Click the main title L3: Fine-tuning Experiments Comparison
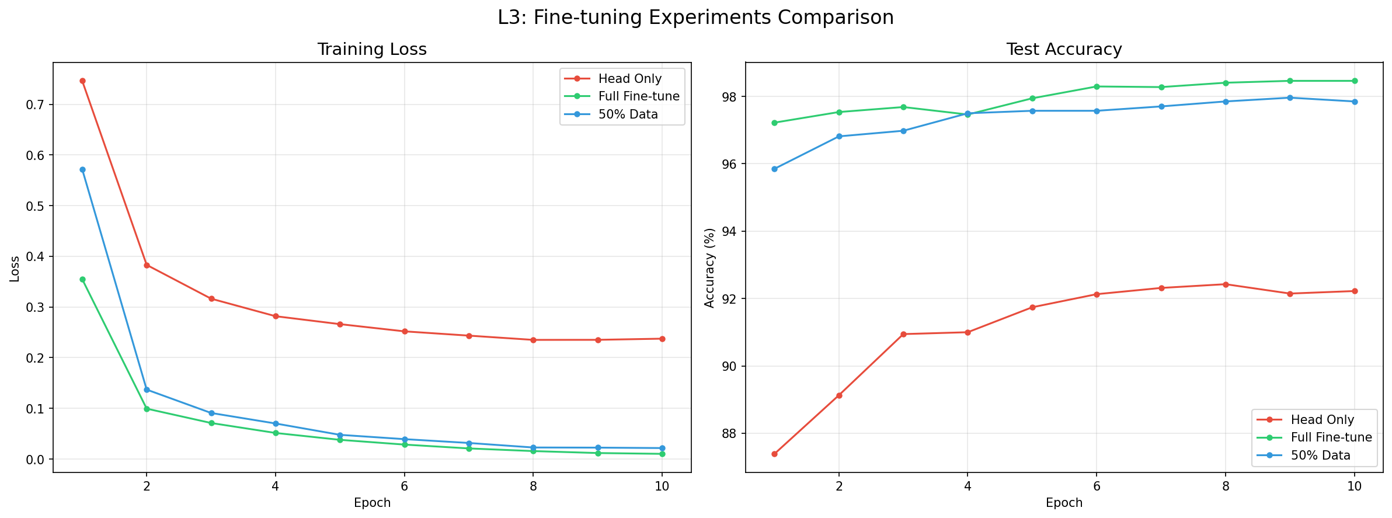coord(695,18)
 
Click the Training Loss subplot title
coord(372,50)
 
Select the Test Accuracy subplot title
coord(1064,50)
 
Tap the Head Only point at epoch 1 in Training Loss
coord(82,81)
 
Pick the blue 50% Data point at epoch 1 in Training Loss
coord(82,170)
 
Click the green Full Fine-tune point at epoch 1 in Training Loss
coord(82,280)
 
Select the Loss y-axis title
coord(15,269)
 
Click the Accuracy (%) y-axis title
coord(709,267)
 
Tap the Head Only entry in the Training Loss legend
coord(629,79)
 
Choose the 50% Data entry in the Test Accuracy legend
coord(1320,456)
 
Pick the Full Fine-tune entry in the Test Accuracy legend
coord(1331,437)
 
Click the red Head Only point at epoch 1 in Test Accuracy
coord(774,454)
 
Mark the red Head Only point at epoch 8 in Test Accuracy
coord(1226,284)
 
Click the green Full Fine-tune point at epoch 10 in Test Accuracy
coord(1355,81)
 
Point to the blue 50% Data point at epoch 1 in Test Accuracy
coord(774,169)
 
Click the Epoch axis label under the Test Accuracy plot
coord(1064,503)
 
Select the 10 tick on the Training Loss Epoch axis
coord(662,486)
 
